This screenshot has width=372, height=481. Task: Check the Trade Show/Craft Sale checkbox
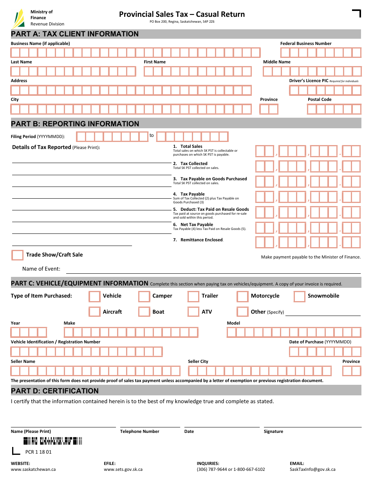[x=18, y=255]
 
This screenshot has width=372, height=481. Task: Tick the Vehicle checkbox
[x=94, y=296]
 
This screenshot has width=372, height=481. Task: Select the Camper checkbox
[x=144, y=296]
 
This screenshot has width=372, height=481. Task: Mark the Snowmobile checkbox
[x=300, y=296]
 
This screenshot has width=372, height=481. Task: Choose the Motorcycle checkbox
[x=242, y=296]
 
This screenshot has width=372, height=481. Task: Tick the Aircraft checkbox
[x=94, y=312]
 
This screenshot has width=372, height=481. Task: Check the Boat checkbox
[x=144, y=312]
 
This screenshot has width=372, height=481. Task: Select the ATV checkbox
[x=193, y=312]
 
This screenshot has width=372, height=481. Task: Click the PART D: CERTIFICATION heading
[x=55, y=391]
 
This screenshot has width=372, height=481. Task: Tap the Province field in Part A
[x=269, y=109]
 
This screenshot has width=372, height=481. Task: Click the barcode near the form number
[x=52, y=441]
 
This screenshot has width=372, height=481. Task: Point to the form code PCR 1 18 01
[x=38, y=452]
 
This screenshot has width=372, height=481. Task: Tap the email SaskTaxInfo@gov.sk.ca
[x=312, y=469]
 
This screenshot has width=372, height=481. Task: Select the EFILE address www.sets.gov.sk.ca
[x=123, y=469]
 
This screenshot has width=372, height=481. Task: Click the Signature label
[x=273, y=431]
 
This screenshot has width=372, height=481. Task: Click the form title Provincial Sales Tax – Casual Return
[x=182, y=14]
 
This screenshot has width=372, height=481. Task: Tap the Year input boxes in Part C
[x=29, y=332]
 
